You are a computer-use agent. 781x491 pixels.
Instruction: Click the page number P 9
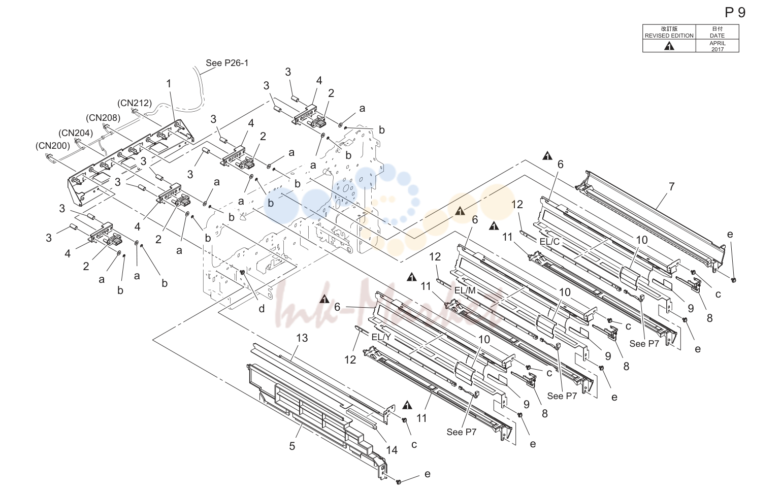pos(735,13)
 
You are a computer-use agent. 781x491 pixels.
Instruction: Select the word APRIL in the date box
pos(717,43)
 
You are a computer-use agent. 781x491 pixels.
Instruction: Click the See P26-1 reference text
pos(227,63)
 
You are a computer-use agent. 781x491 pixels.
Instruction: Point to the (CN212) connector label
pos(135,103)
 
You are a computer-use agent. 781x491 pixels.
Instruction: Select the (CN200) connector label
pos(53,145)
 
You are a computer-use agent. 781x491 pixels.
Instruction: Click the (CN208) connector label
pos(103,118)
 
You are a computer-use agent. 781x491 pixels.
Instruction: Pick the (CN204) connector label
pos(76,133)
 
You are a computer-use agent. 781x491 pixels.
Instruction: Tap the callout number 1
pos(169,84)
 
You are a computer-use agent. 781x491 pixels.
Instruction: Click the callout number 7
pos(671,187)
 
